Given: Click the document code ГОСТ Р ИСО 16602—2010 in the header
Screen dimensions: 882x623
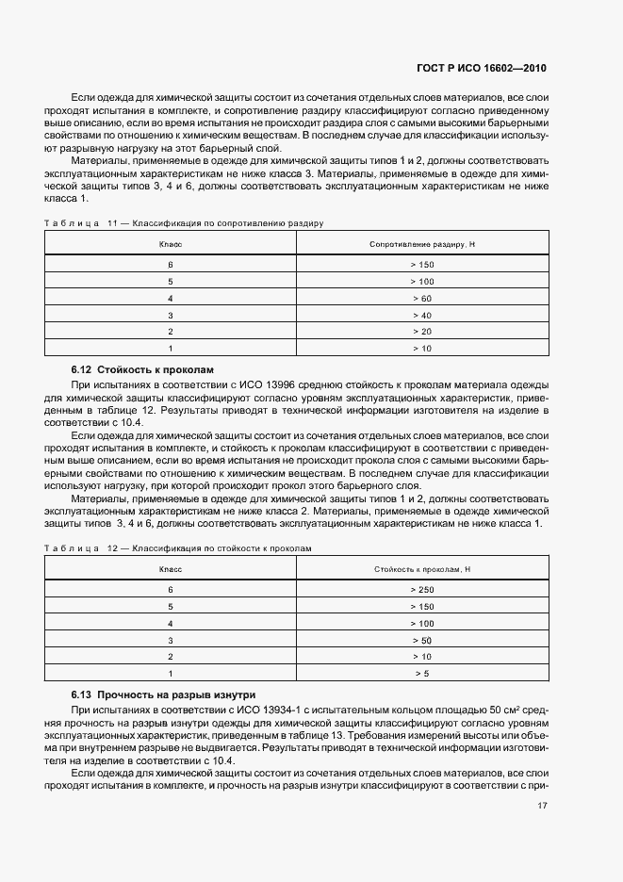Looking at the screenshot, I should pyautogui.click(x=481, y=69).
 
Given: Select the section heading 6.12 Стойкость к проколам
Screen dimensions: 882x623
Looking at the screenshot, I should pyautogui.click(x=144, y=370).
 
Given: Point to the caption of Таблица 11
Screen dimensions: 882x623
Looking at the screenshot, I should pyautogui.click(x=184, y=224).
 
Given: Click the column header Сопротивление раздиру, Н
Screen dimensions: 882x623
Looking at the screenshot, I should pyautogui.click(x=421, y=244).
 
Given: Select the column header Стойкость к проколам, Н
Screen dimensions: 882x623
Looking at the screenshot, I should pyautogui.click(x=421, y=569).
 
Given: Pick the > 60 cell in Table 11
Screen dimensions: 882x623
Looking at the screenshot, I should pyautogui.click(x=421, y=298).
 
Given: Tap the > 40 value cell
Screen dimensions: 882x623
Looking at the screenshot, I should pyautogui.click(x=421, y=315).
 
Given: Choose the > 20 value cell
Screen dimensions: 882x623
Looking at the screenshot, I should pyautogui.click(x=421, y=332).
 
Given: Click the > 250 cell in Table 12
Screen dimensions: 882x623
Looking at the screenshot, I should pyautogui.click(x=421, y=589).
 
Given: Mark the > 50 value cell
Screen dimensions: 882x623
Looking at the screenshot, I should pyautogui.click(x=421, y=640).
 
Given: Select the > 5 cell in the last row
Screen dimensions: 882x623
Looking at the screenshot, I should pyautogui.click(x=421, y=674).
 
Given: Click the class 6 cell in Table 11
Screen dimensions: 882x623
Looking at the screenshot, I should pyautogui.click(x=171, y=264).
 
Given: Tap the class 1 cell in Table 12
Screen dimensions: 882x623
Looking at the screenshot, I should pyautogui.click(x=171, y=674).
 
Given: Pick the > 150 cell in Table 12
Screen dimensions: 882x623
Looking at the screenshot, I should pyautogui.click(x=421, y=606).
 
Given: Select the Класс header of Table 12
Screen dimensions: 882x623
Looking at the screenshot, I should pyautogui.click(x=171, y=569).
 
